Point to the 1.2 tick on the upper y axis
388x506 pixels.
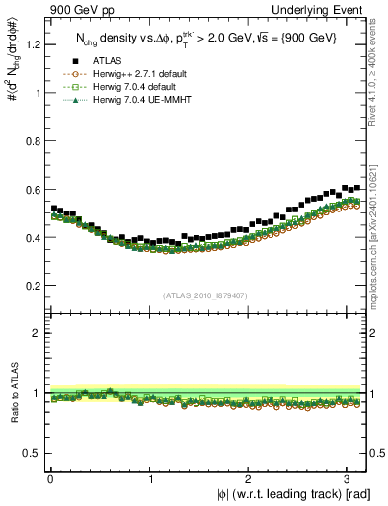point(33,44)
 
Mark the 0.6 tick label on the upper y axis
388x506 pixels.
point(33,190)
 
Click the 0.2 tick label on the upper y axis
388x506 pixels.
point(33,286)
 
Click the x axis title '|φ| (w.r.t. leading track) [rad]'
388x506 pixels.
point(280,494)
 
